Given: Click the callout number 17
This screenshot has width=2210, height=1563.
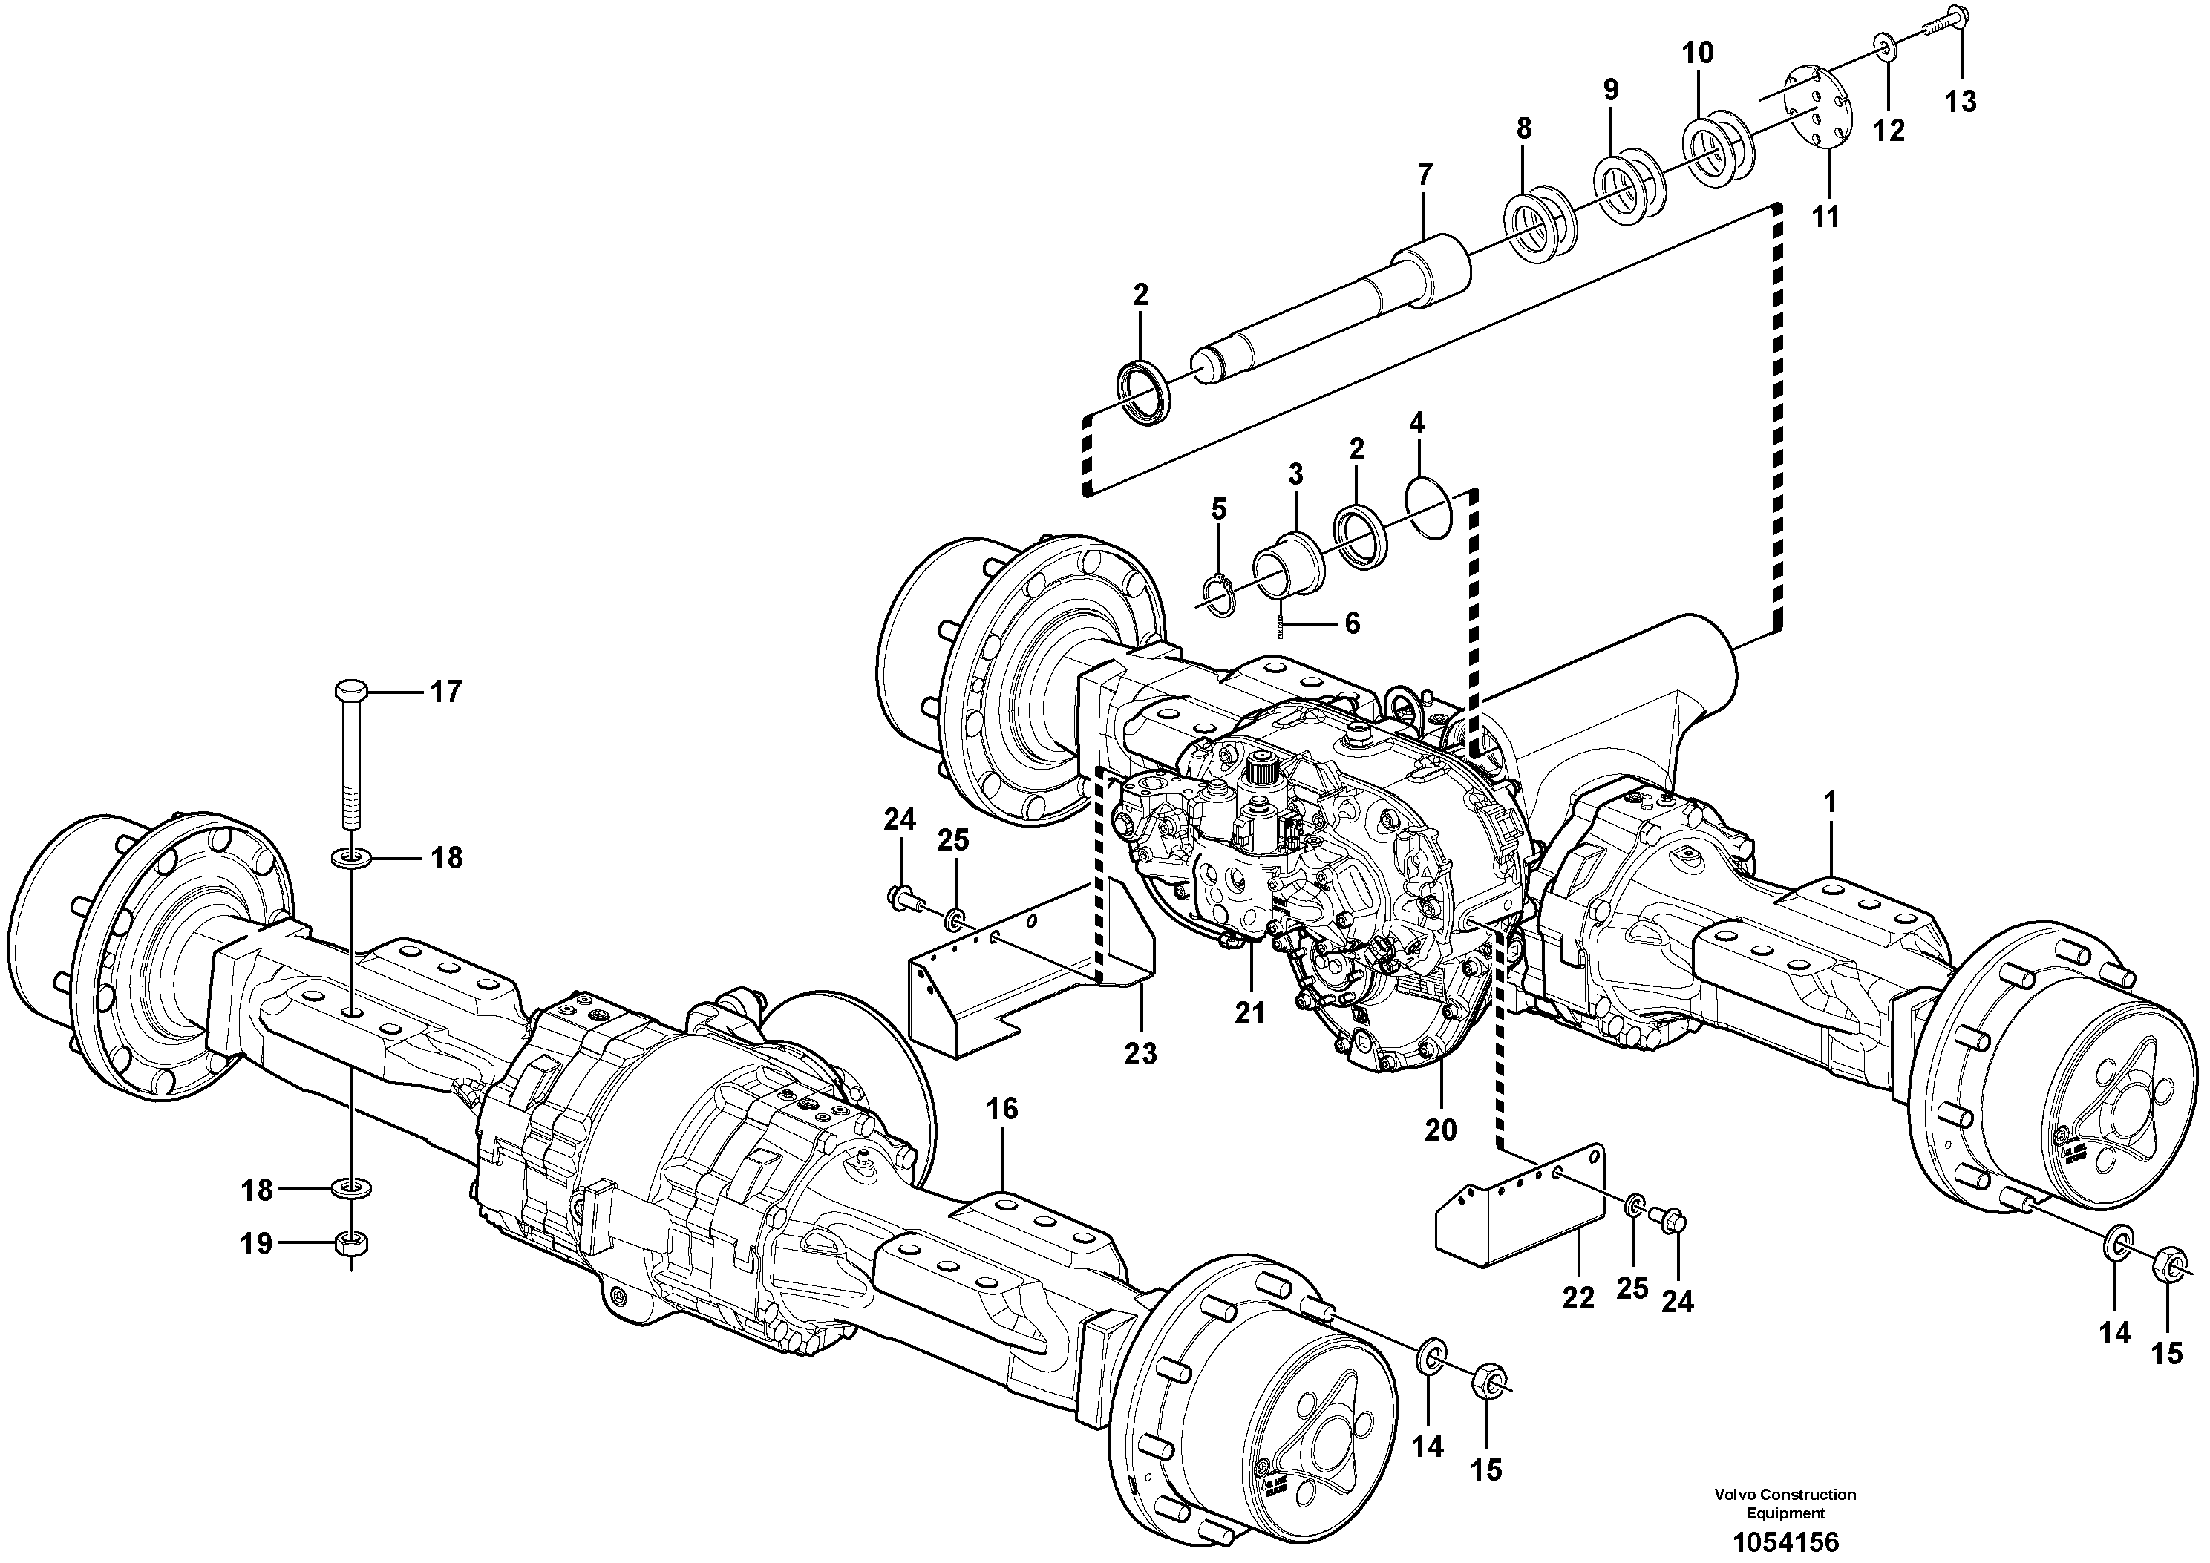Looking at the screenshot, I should [x=445, y=692].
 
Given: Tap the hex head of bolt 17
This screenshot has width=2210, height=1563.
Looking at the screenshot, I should [x=350, y=691].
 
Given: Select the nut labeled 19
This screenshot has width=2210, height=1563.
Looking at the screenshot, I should [x=350, y=1243].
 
